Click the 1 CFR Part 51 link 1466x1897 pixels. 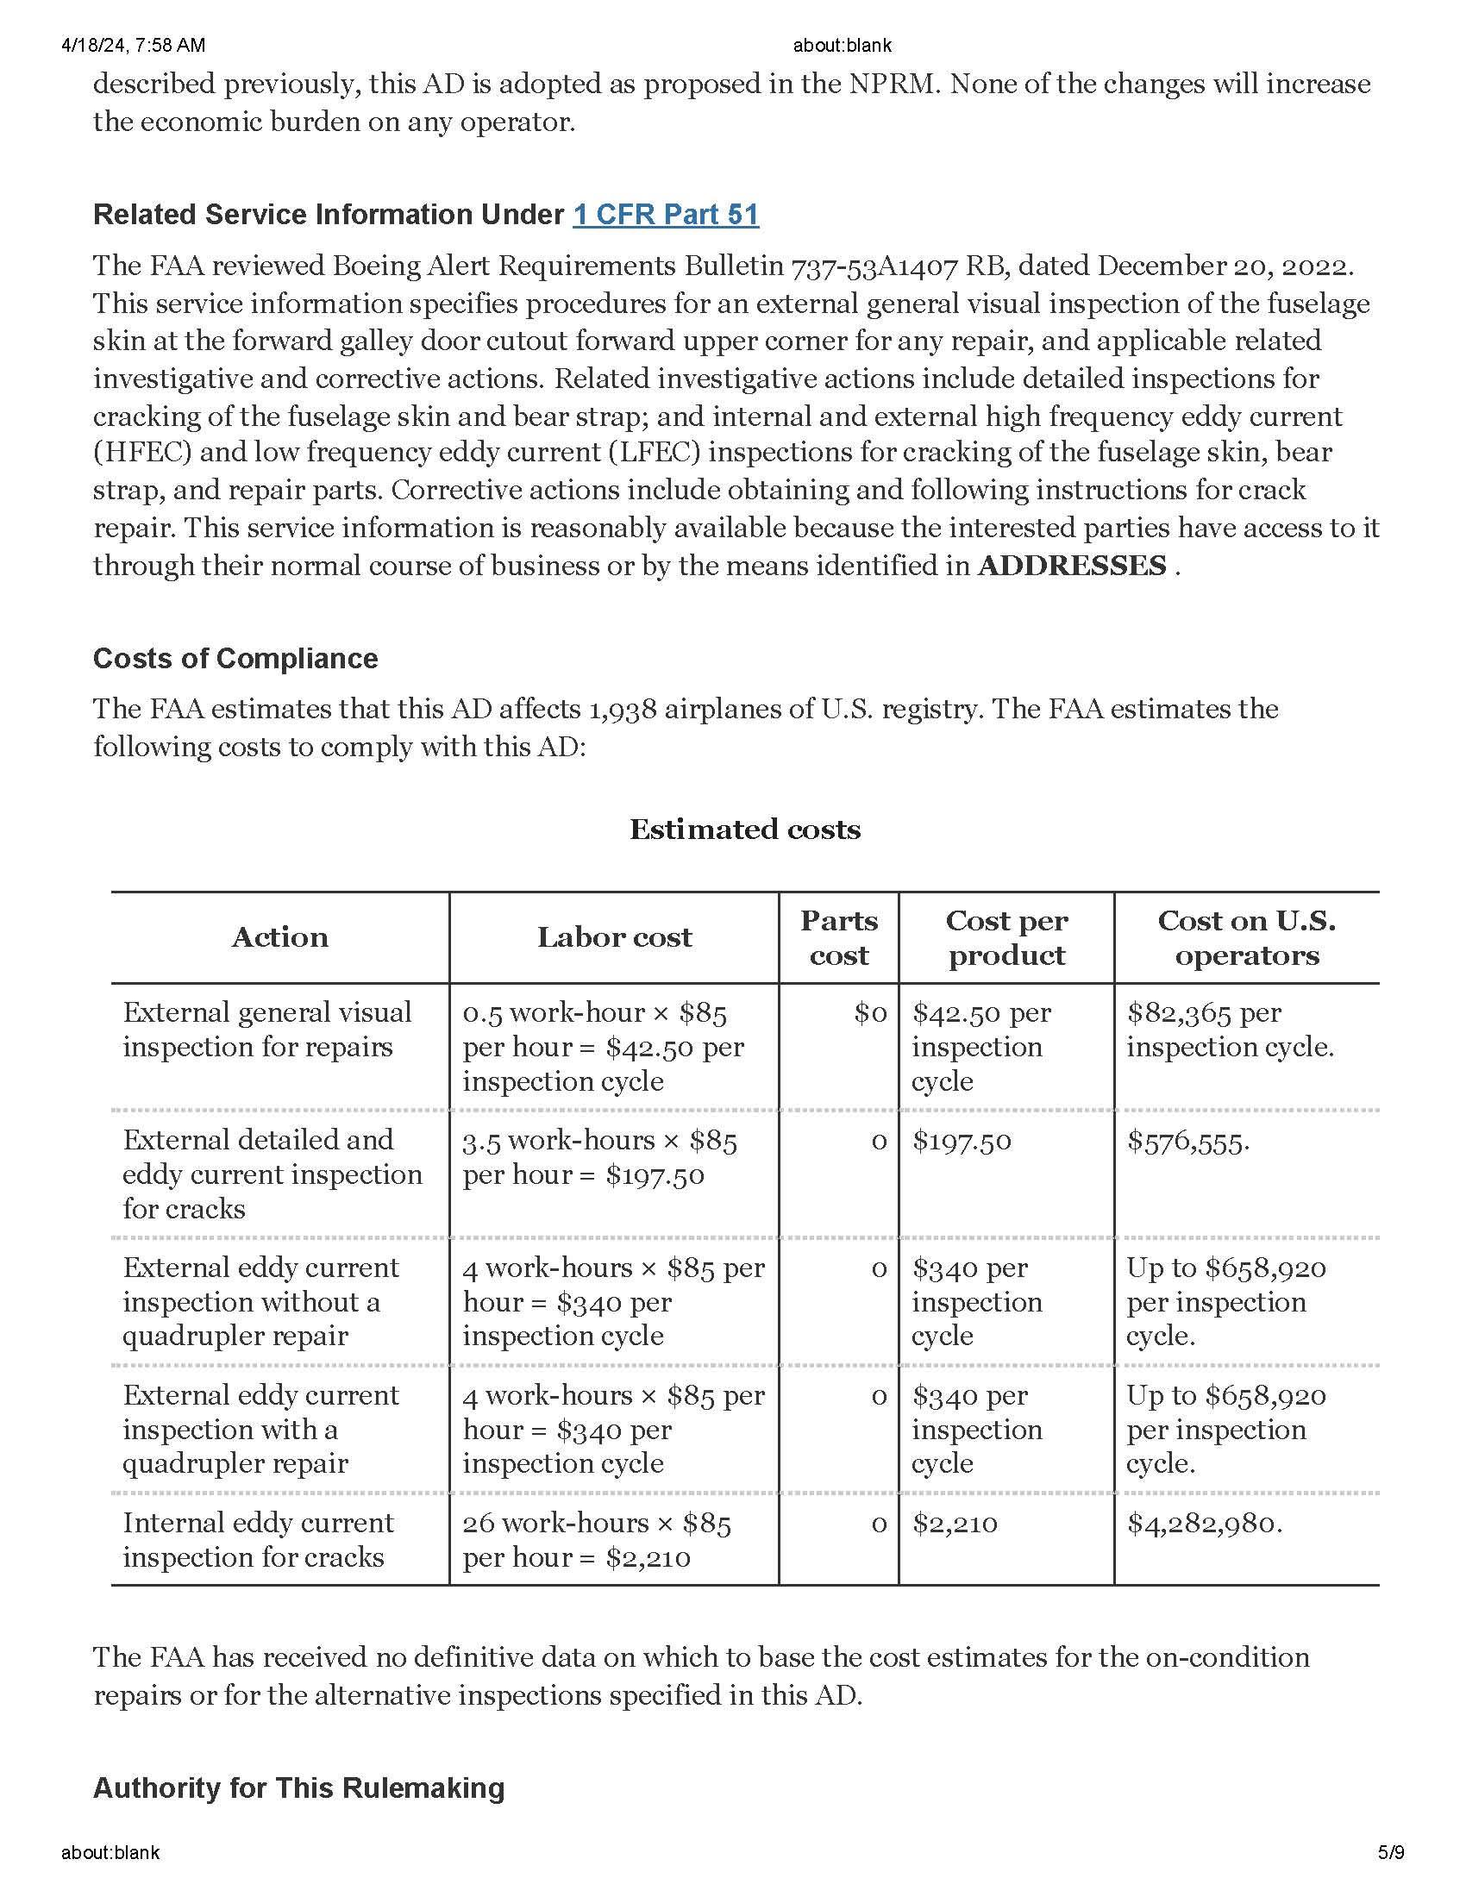665,215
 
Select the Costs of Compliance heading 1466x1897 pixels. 235,659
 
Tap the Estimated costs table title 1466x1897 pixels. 744,830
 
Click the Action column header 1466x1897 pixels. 279,937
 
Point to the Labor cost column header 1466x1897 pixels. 614,937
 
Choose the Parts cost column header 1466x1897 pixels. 838,937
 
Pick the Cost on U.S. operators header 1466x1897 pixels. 1246,937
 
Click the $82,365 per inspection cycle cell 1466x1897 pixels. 1229,1030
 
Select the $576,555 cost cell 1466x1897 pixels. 1187,1142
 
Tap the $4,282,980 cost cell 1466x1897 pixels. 1204,1523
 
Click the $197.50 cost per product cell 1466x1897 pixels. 962,1142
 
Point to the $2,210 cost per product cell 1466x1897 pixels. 955,1523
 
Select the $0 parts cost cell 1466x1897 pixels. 870,1013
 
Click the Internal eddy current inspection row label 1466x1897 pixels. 258,1539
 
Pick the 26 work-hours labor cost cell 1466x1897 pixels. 596,1539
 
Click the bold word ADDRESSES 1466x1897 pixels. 1071,566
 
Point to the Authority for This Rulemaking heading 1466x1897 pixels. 298,1787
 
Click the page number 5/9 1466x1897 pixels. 1390,1852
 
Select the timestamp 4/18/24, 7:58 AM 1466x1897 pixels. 133,45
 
